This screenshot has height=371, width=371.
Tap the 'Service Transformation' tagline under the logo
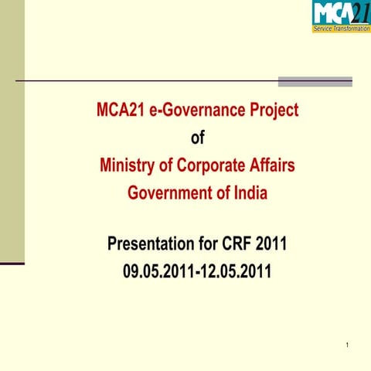tap(341, 29)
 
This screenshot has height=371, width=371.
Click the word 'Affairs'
tap(272, 165)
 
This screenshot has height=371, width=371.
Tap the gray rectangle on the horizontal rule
tap(315, 81)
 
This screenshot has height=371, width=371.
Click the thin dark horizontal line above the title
tap(147, 80)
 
